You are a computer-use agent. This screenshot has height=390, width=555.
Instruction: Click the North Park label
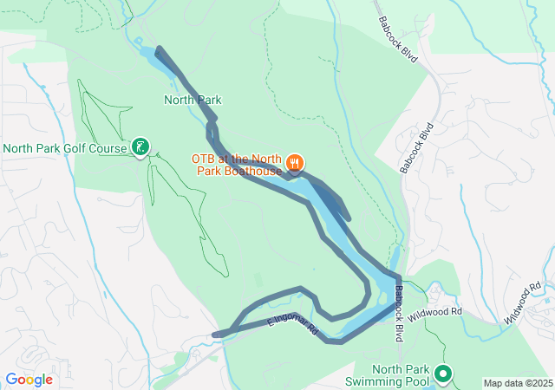click(x=193, y=101)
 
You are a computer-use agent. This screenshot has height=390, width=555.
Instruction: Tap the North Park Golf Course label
click(x=65, y=148)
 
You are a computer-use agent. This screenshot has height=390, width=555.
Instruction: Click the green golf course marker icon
click(x=140, y=148)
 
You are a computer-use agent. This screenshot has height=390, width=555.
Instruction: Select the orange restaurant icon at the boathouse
click(x=295, y=161)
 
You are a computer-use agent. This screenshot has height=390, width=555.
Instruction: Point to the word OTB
click(x=203, y=159)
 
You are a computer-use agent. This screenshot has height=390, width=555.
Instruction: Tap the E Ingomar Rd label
click(x=293, y=328)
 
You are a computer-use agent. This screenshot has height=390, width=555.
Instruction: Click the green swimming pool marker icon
click(x=443, y=374)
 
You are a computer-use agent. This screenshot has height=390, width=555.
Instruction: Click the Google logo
click(x=29, y=380)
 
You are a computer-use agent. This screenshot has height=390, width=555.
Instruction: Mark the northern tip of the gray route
click(x=158, y=50)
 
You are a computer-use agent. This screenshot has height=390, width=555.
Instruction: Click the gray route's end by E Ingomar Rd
click(x=217, y=334)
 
